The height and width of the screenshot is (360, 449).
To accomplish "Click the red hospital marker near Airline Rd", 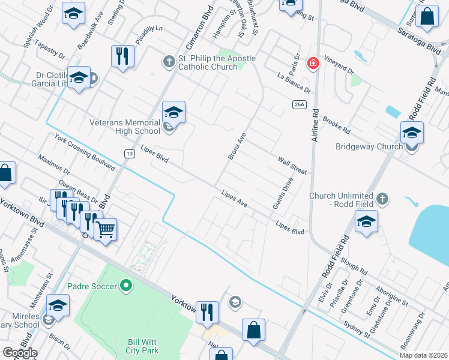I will (313, 63).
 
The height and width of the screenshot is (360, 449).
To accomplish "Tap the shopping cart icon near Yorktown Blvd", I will (106, 229).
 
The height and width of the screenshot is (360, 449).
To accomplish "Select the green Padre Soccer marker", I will (125, 286).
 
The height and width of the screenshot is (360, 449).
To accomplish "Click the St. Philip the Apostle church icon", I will (169, 61).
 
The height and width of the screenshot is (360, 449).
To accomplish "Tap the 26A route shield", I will (300, 104).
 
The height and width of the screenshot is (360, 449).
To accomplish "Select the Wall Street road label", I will (292, 166).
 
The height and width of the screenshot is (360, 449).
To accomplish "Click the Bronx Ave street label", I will (237, 146).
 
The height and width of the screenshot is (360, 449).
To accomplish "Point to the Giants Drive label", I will (283, 193).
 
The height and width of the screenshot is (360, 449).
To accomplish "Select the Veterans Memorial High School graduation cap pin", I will (173, 112).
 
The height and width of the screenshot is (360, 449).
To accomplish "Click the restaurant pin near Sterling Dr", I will (122, 56).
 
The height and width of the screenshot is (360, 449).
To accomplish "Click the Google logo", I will (19, 353).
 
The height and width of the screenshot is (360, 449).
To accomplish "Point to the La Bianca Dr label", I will (294, 83).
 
